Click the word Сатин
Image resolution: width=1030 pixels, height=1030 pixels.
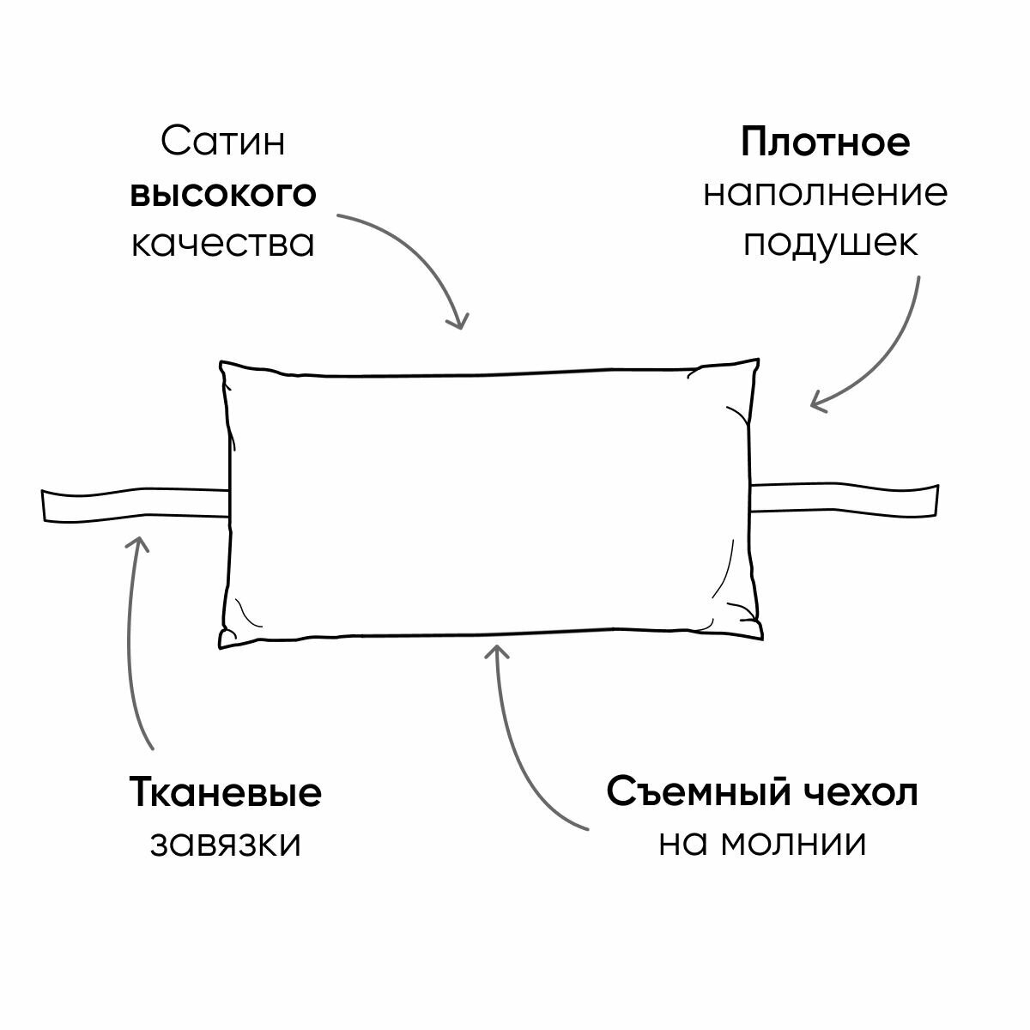[x=223, y=142]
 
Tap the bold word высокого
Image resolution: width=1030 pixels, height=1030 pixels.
[x=223, y=193]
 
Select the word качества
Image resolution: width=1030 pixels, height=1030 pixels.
[x=223, y=243]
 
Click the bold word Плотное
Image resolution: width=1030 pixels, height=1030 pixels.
[x=825, y=142]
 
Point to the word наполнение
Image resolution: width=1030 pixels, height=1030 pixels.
[x=825, y=193]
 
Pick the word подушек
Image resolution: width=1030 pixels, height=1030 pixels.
[x=830, y=244]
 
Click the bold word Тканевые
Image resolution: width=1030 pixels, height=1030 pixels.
[x=226, y=791]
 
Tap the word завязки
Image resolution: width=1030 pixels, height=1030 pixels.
[x=226, y=844]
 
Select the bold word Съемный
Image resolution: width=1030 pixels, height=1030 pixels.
[x=698, y=791]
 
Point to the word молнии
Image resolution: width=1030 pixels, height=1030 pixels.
[x=793, y=843]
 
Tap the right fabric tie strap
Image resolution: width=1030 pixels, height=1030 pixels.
[x=845, y=499]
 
